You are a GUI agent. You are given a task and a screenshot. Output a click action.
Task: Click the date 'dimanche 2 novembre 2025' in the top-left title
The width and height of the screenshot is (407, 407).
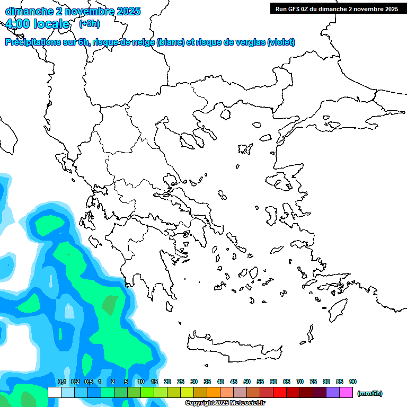pyautogui.click(x=73, y=11)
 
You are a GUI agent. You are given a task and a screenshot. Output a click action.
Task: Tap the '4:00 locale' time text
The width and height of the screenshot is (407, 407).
pyautogui.click(x=38, y=24)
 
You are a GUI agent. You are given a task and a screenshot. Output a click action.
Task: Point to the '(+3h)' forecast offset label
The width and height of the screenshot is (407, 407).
pyautogui.click(x=89, y=24)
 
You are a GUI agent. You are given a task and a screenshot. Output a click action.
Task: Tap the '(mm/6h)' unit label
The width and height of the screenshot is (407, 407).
pyautogui.click(x=369, y=393)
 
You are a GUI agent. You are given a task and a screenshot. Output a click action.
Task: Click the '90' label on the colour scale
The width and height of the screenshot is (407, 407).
pyautogui.click(x=353, y=382)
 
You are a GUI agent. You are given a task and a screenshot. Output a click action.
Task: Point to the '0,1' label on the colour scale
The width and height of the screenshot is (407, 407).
pyautogui.click(x=61, y=382)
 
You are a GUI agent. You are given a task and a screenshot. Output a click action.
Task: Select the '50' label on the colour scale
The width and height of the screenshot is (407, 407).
pyautogui.click(x=247, y=382)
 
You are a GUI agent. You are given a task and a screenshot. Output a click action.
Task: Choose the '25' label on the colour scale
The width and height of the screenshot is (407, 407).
pyautogui.click(x=181, y=382)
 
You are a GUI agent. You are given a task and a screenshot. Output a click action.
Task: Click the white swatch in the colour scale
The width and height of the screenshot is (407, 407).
pyautogui.click(x=54, y=392)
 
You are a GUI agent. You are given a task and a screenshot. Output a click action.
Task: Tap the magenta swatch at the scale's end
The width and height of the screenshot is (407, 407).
pyautogui.click(x=347, y=392)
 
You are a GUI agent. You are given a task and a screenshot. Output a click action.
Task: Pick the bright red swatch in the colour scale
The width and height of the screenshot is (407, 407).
pyautogui.click(x=280, y=392)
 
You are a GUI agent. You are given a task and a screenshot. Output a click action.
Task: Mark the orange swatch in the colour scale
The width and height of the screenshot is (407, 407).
pyautogui.click(x=214, y=392)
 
